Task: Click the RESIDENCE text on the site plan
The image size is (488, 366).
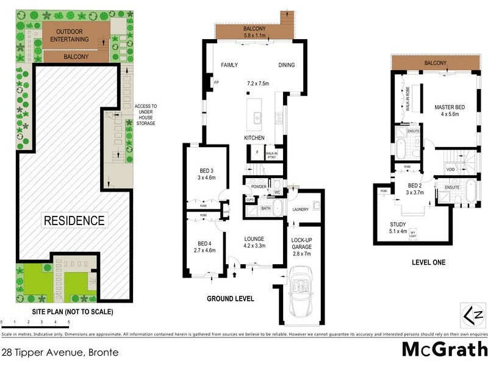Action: click(73, 220)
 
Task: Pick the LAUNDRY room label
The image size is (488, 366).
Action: click(301, 210)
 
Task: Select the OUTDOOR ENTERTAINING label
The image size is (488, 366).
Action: click(73, 35)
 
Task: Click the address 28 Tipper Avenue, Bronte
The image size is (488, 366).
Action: click(59, 353)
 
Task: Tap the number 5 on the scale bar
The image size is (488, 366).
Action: click(69, 320)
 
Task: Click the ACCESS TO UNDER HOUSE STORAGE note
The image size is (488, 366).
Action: click(145, 115)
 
